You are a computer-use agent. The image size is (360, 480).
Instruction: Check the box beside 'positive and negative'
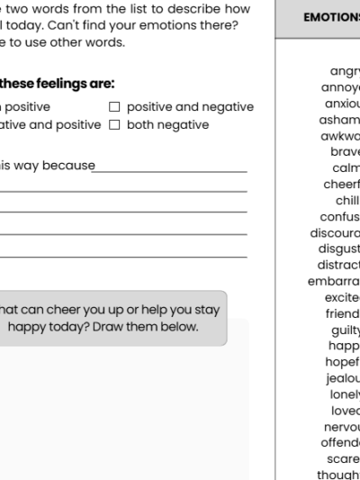[114, 107]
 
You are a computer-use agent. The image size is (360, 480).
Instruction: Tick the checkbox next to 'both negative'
[114, 124]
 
